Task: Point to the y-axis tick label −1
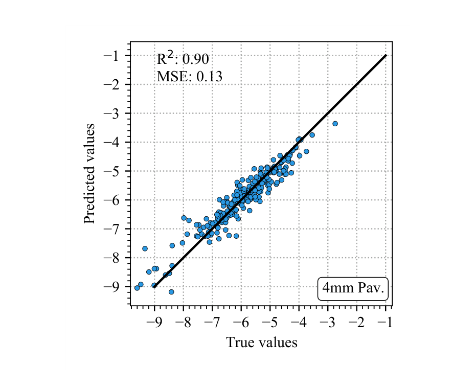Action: point(115,55)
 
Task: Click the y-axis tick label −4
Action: point(115,142)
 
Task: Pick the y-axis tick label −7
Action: point(115,229)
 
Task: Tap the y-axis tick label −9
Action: point(115,286)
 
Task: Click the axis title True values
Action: point(261,342)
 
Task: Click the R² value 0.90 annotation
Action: point(183,59)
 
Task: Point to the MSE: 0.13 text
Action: point(189,77)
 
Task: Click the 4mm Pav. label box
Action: point(353,288)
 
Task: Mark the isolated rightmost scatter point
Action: point(335,124)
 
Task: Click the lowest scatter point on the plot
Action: point(171,292)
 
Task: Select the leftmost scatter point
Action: point(137,288)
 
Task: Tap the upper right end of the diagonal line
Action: point(385,55)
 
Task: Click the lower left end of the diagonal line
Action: point(154,286)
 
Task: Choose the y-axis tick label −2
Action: point(115,84)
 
